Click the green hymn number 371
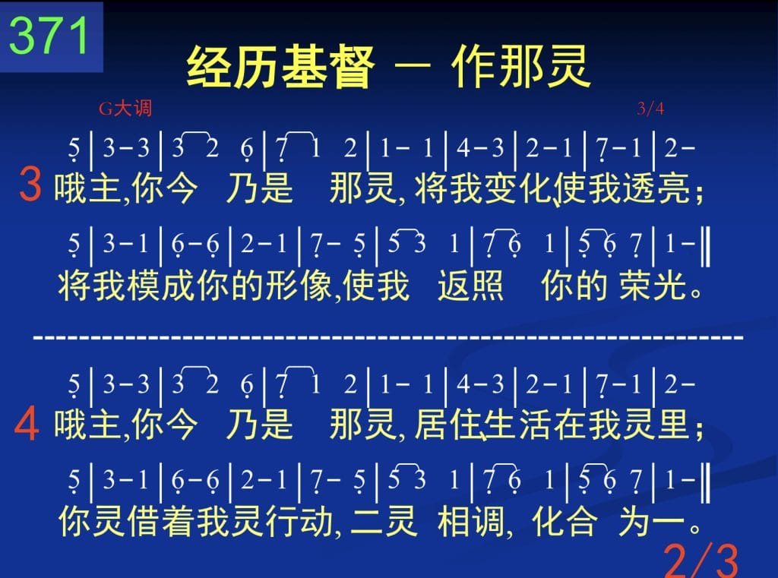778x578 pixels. (x=49, y=36)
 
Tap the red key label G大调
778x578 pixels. (x=125, y=108)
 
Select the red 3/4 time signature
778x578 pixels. (x=650, y=108)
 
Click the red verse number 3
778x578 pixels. (x=30, y=185)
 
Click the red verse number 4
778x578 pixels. (x=27, y=423)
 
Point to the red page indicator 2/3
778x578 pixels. (x=701, y=560)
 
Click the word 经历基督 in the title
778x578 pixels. (x=280, y=67)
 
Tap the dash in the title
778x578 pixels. (x=412, y=64)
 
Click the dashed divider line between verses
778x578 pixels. (x=388, y=338)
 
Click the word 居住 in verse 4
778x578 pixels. (x=448, y=425)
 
